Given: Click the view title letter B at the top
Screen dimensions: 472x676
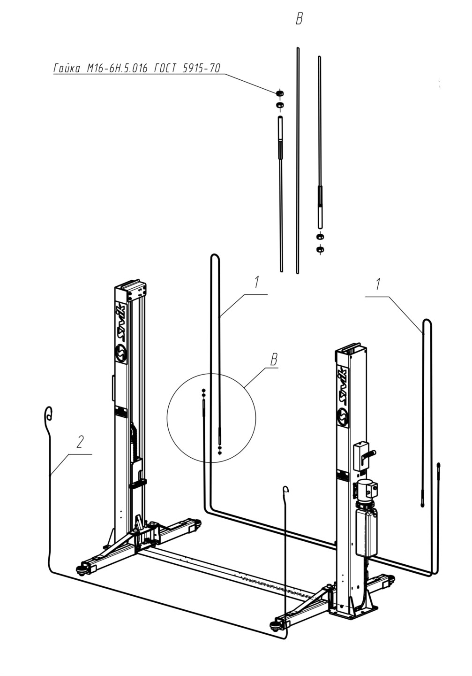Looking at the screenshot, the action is tap(299, 19).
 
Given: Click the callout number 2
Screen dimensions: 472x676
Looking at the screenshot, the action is tap(80, 442).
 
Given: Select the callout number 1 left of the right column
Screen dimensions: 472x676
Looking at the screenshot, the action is tap(377, 284).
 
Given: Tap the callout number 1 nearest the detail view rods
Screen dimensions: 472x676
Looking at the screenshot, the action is tap(256, 282).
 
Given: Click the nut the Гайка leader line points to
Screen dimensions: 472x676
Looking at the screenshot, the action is tap(280, 93).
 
